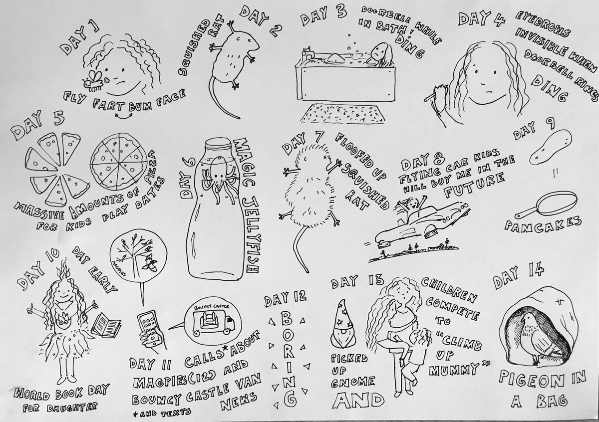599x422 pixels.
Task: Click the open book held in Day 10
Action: (105, 319)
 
